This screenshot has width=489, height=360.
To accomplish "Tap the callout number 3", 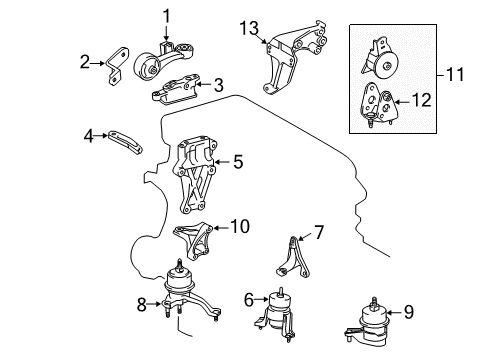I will click(218, 86).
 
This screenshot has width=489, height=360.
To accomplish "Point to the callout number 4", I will click(89, 133).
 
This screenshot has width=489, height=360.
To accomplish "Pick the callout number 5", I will click(238, 158).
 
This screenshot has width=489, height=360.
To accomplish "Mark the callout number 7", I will click(319, 233).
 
